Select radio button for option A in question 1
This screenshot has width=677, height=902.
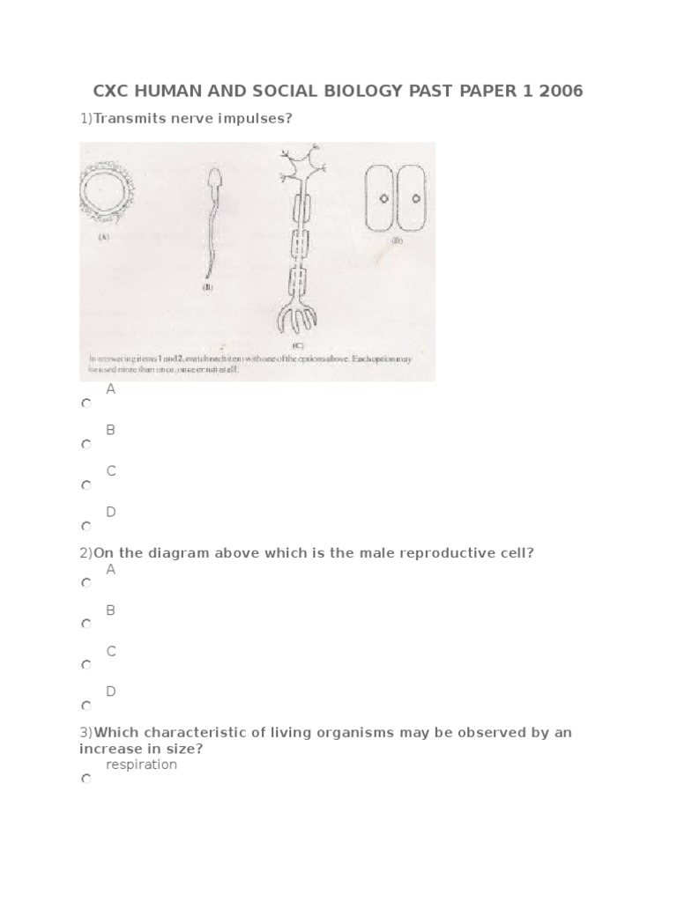click(x=86, y=403)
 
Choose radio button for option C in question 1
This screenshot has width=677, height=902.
click(x=86, y=485)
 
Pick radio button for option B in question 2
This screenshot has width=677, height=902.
click(x=86, y=624)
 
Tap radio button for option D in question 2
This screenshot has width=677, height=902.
click(x=86, y=706)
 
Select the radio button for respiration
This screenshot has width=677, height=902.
click(x=86, y=780)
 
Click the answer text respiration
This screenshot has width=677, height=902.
click(x=141, y=765)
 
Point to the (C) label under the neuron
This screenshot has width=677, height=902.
click(x=297, y=345)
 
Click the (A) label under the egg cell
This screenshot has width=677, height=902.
click(x=103, y=236)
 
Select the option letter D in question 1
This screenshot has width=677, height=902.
click(x=111, y=512)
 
